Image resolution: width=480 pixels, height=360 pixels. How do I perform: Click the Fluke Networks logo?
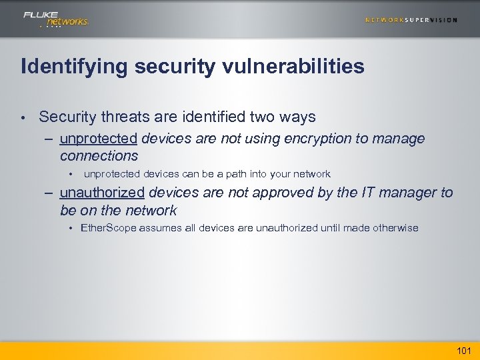click(55, 19)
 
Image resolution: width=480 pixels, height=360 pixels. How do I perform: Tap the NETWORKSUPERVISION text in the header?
click(411, 20)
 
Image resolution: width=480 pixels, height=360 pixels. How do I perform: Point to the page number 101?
click(463, 351)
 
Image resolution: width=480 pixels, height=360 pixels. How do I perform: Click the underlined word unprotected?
click(98, 139)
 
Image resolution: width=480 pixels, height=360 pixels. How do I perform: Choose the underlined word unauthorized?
click(102, 193)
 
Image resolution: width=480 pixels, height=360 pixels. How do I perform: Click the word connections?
click(99, 156)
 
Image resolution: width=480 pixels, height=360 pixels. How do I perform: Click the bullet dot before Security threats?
click(23, 118)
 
